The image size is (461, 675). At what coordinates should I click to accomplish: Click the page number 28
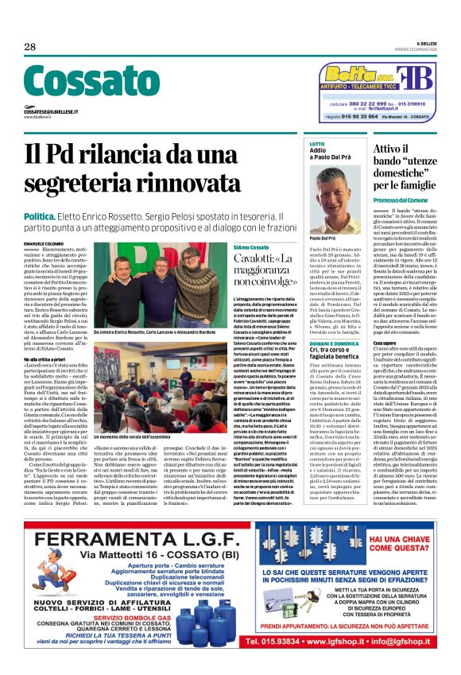30,47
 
